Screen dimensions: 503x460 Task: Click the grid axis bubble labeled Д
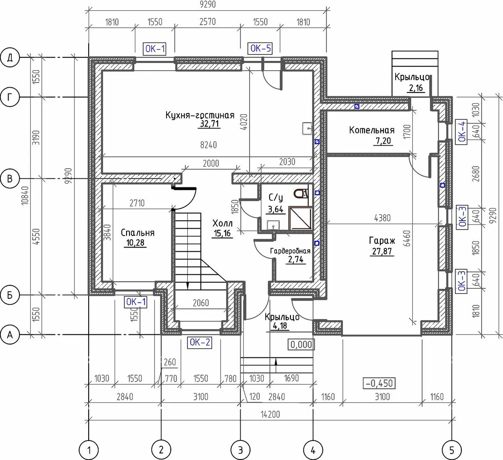10,58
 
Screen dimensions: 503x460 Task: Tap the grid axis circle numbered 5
451,450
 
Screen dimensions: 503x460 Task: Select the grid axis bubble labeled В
10,178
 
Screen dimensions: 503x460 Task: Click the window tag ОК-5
261,49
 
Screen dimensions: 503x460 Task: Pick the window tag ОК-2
199,342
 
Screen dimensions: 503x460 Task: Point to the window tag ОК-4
461,131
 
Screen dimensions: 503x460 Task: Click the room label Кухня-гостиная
200,115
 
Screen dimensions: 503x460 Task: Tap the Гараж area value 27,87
382,251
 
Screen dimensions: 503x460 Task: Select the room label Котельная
371,130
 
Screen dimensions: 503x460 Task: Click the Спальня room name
138,233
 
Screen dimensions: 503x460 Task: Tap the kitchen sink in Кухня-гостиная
308,128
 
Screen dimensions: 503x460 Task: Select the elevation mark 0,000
301,345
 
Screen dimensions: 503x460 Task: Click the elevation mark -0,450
379,383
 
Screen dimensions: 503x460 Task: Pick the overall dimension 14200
270,414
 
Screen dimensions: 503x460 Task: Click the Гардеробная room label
290,251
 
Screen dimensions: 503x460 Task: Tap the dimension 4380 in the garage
382,218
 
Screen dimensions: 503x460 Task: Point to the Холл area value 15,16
222,233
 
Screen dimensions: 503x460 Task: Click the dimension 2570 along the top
207,21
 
